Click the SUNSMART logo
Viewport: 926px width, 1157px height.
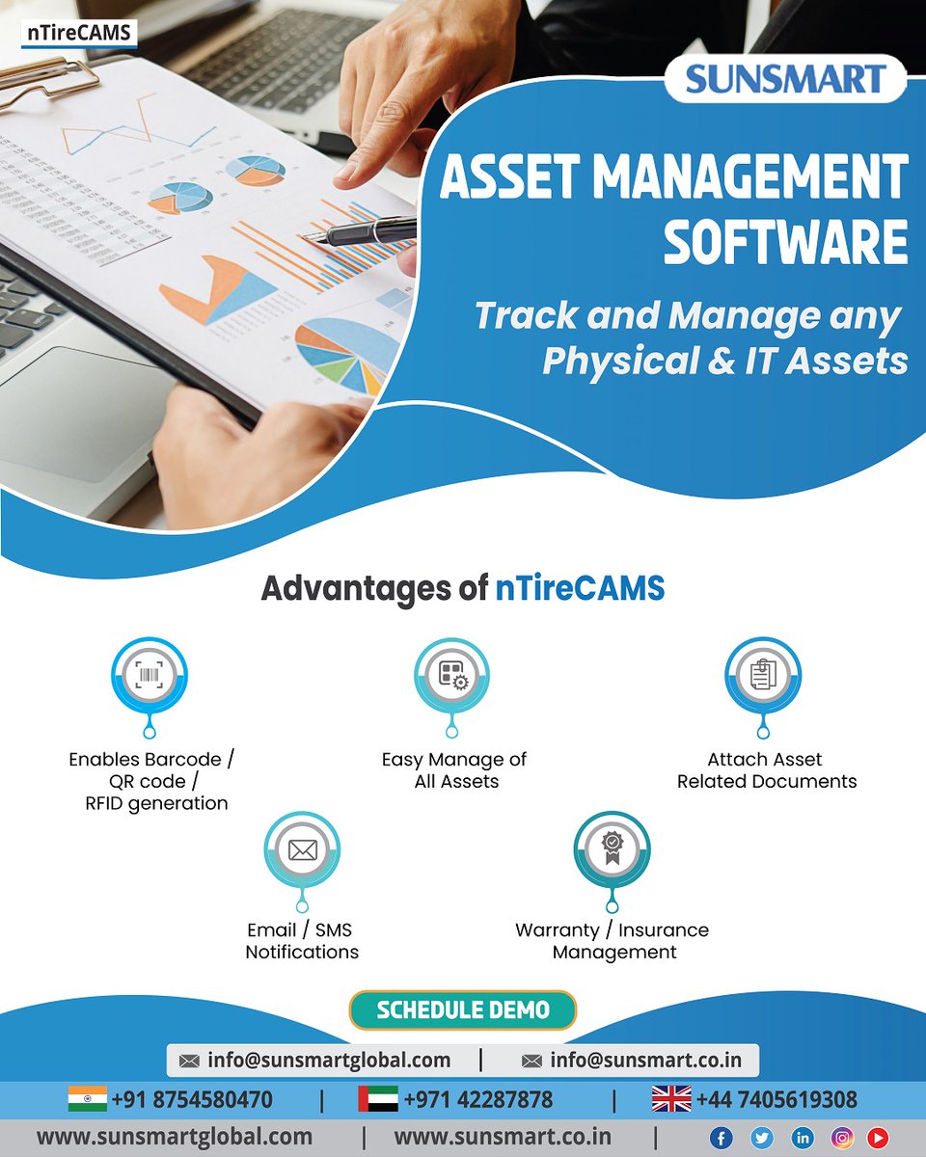[x=785, y=79]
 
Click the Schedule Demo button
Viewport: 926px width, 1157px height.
[x=463, y=1010]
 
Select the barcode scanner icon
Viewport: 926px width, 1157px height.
[x=150, y=674]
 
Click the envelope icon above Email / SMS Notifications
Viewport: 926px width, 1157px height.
[x=302, y=850]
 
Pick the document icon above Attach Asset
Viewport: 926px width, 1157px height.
[x=763, y=674]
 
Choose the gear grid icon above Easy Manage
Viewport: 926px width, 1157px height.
[x=452, y=674]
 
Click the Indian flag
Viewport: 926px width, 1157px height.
[x=88, y=1099]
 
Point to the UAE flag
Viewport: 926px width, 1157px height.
[x=377, y=1099]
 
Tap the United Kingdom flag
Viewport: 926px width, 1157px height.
[x=671, y=1099]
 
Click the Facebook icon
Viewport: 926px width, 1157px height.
[x=721, y=1138]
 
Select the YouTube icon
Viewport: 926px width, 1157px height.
[x=877, y=1138]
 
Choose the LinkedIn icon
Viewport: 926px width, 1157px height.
[x=802, y=1138]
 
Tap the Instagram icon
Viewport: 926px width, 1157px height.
[x=842, y=1138]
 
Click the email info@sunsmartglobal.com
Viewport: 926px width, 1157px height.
[x=328, y=1060]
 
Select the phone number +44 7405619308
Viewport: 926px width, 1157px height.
[x=776, y=1099]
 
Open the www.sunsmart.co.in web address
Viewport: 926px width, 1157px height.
[x=503, y=1137]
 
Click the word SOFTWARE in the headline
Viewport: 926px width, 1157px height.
[x=785, y=242]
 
